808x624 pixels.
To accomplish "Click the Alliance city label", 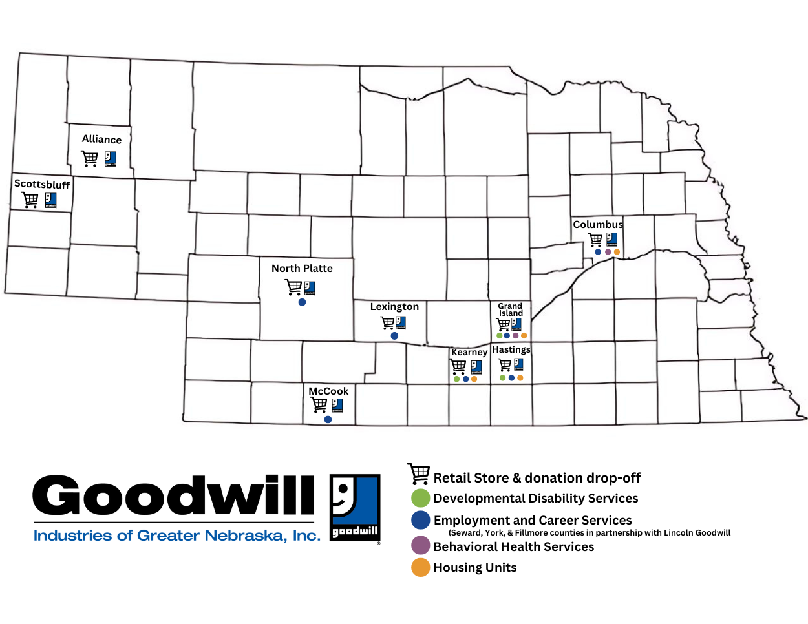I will (x=101, y=139).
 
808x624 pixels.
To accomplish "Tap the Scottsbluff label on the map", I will (x=42, y=184).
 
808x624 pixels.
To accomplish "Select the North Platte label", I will (x=302, y=268).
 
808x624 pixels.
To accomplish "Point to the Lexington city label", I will (x=394, y=306).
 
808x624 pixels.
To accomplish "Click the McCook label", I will (x=328, y=391).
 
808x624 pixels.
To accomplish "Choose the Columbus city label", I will (x=598, y=224).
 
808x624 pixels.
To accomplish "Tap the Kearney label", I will (x=469, y=352).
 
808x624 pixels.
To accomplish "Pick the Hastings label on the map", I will (x=511, y=349).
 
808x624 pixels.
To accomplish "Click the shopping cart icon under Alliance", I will (x=89, y=158).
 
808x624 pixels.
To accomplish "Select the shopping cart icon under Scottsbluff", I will (x=30, y=200).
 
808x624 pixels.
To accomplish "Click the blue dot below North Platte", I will (x=302, y=302).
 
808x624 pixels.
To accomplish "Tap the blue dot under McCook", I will (x=328, y=419).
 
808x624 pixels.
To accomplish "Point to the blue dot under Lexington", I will (x=394, y=336).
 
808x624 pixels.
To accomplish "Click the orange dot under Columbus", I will (x=617, y=252).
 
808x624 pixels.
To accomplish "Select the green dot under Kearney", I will (x=457, y=379).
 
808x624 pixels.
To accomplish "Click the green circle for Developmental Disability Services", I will (x=420, y=498).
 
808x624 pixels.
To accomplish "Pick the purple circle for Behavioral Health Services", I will (x=420, y=545).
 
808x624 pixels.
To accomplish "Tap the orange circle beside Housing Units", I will (x=420, y=567).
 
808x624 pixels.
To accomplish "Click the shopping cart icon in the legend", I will (x=419, y=473).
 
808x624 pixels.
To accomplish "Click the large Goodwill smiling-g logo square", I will (x=355, y=508).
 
